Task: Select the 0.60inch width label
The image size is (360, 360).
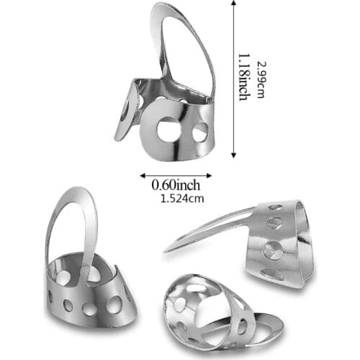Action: [x=176, y=185]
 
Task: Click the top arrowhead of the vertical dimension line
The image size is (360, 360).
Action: [x=233, y=5]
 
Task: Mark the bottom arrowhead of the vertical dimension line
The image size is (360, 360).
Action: [x=233, y=156]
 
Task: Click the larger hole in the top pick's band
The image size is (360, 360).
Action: [x=170, y=130]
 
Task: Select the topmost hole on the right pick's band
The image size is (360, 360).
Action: [x=274, y=208]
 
